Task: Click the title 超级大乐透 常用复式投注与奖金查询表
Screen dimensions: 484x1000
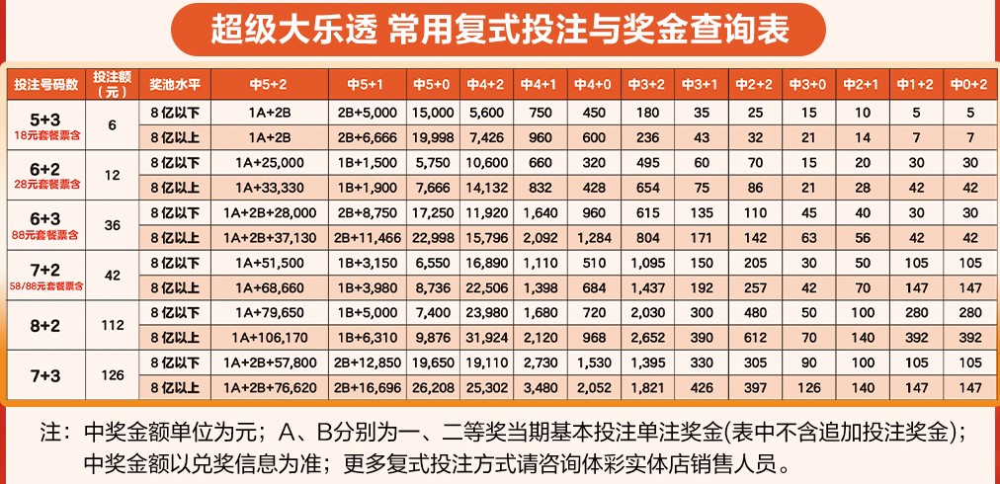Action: (499, 29)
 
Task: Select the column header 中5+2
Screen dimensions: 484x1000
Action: (270, 83)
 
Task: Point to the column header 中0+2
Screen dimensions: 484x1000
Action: (968, 83)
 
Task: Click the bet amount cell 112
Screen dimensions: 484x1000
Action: (111, 325)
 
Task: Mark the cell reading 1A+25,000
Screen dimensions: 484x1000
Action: (270, 162)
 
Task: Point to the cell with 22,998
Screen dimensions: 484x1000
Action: (434, 238)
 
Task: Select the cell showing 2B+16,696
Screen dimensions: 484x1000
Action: (365, 388)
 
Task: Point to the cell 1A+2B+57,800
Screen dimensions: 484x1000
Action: (270, 363)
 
